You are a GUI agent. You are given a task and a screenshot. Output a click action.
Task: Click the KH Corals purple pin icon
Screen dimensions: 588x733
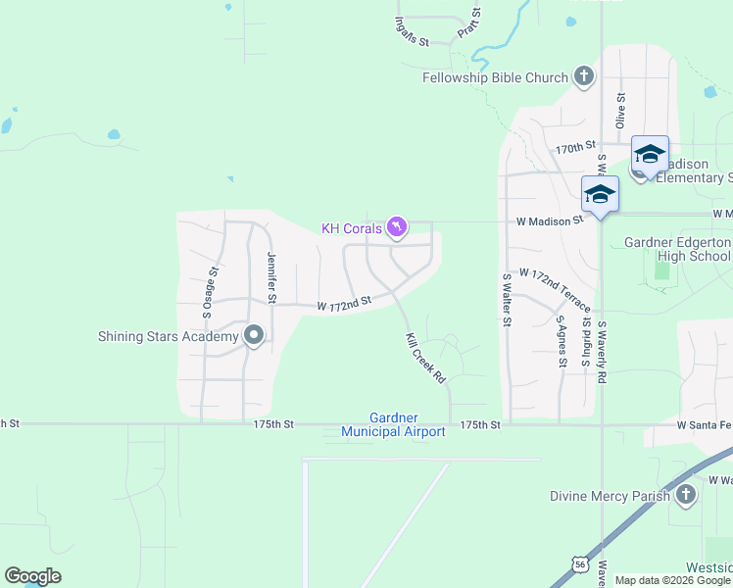point(396,227)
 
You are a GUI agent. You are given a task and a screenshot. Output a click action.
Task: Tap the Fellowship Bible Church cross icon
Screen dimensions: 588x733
point(584,76)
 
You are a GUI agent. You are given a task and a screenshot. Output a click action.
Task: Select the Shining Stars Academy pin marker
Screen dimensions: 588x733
point(254,336)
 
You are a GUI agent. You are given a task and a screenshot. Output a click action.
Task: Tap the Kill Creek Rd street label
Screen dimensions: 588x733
point(425,358)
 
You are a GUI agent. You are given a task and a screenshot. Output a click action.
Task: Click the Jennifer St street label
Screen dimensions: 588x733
point(271,276)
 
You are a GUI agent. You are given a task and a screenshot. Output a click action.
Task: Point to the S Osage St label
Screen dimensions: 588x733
point(208,293)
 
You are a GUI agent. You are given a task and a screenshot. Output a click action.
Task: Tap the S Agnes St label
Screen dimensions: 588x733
point(562,341)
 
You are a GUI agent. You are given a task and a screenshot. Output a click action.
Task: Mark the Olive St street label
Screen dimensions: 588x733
point(620,111)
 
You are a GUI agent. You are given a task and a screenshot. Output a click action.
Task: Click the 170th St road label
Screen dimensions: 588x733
point(576,147)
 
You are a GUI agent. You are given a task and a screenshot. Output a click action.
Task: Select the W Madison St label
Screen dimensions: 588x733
point(551,220)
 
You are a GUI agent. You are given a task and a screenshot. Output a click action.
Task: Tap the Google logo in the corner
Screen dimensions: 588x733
point(32,576)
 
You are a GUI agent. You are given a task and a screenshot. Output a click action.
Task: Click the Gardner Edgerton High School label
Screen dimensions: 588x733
point(678,249)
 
